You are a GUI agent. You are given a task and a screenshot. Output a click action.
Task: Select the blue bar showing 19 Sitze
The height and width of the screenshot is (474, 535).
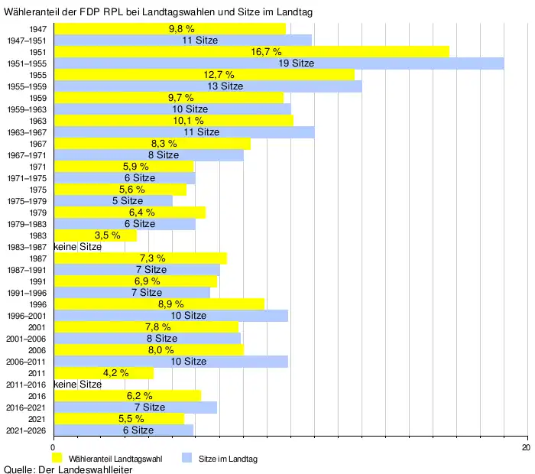click(x=278, y=63)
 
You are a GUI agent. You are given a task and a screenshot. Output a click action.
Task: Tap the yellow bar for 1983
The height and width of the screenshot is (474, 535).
click(x=95, y=235)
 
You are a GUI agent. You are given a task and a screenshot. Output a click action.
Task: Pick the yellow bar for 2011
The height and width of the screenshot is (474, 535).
click(x=103, y=373)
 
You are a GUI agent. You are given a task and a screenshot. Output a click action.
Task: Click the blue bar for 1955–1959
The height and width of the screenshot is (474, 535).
click(x=207, y=86)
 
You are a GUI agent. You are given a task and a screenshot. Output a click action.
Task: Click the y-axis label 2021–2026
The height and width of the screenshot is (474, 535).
click(x=26, y=430)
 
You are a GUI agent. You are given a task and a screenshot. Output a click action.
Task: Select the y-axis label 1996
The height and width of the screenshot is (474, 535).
click(x=38, y=304)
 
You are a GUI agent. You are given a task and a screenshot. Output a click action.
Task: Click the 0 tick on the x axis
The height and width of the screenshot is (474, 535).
click(x=53, y=446)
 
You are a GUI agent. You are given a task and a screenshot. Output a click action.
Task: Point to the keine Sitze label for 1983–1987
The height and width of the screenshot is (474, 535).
click(x=78, y=247)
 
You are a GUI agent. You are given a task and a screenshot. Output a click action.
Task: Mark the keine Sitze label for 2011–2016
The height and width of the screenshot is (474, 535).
click(x=78, y=385)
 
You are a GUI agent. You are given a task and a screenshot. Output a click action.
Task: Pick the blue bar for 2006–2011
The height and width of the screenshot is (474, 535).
click(x=170, y=362)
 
